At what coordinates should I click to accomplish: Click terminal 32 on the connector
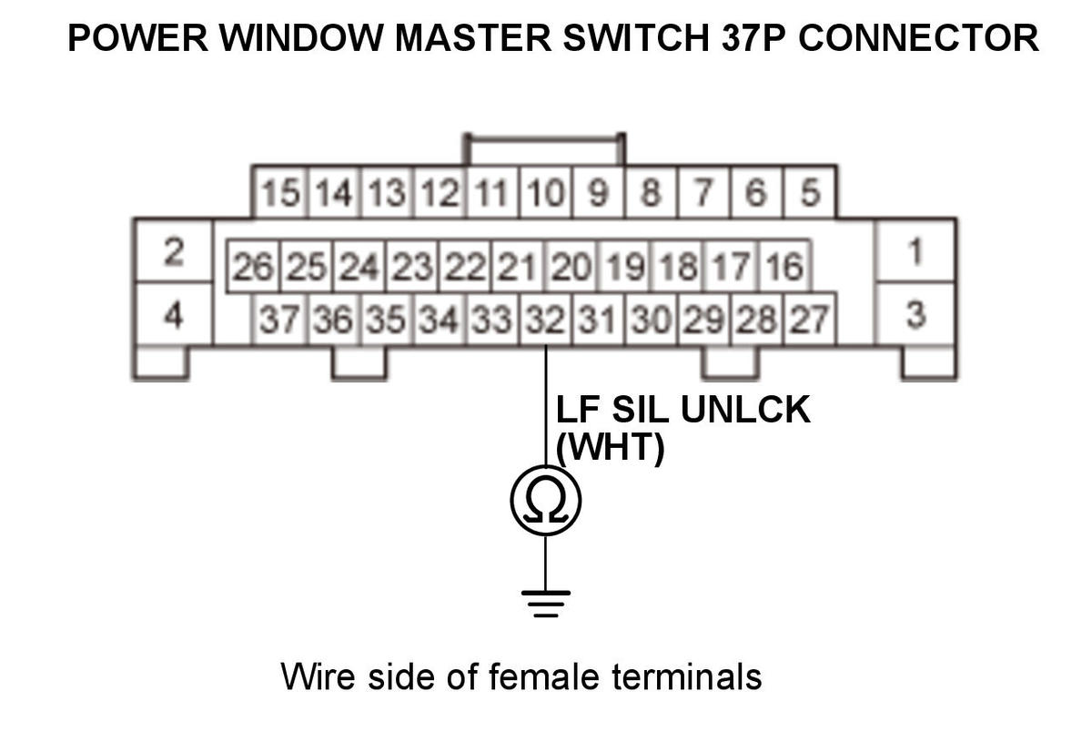(x=545, y=319)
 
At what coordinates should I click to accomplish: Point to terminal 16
(x=785, y=267)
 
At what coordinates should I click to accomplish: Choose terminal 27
(x=811, y=319)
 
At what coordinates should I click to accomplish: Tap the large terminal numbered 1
(x=915, y=250)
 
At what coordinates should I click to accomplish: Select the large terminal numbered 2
(x=173, y=250)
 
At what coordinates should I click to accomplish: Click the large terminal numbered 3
(x=915, y=315)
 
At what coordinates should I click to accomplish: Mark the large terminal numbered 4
(x=173, y=315)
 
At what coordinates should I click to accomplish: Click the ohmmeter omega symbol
(x=545, y=499)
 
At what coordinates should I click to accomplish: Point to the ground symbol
(x=545, y=602)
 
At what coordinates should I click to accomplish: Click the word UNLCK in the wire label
(x=744, y=411)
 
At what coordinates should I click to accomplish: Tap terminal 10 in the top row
(x=545, y=194)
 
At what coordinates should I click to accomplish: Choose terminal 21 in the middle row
(x=518, y=267)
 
